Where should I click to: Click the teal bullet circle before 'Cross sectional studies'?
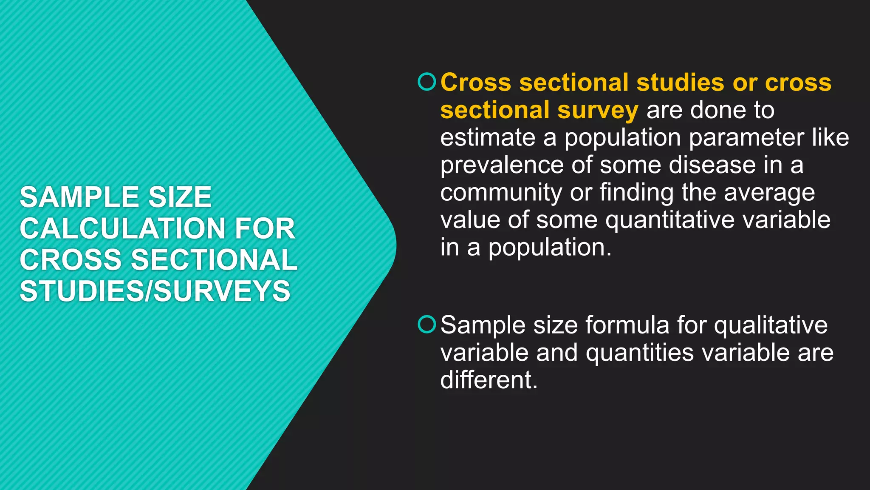(427, 82)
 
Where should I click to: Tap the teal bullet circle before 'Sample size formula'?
(427, 325)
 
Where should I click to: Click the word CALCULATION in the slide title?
(121, 228)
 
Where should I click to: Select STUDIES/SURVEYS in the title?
(155, 291)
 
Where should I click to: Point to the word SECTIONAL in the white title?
(214, 260)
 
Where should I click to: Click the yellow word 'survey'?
(598, 110)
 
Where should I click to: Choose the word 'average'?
(769, 193)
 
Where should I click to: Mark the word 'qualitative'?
(771, 325)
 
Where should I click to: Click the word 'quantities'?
(639, 353)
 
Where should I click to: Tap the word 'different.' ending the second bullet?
(489, 380)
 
